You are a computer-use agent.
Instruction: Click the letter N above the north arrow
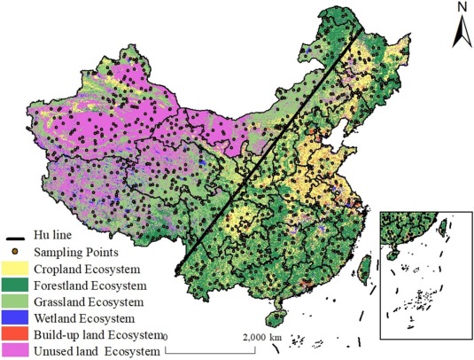pos(461,8)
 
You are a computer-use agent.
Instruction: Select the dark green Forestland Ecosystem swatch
pos(18,286)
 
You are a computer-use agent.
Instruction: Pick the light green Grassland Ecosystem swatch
pos(18,301)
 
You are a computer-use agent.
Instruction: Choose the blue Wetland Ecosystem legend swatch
pos(18,317)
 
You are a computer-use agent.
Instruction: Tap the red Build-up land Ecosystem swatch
pos(18,335)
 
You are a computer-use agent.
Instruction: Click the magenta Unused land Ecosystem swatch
pos(18,351)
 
